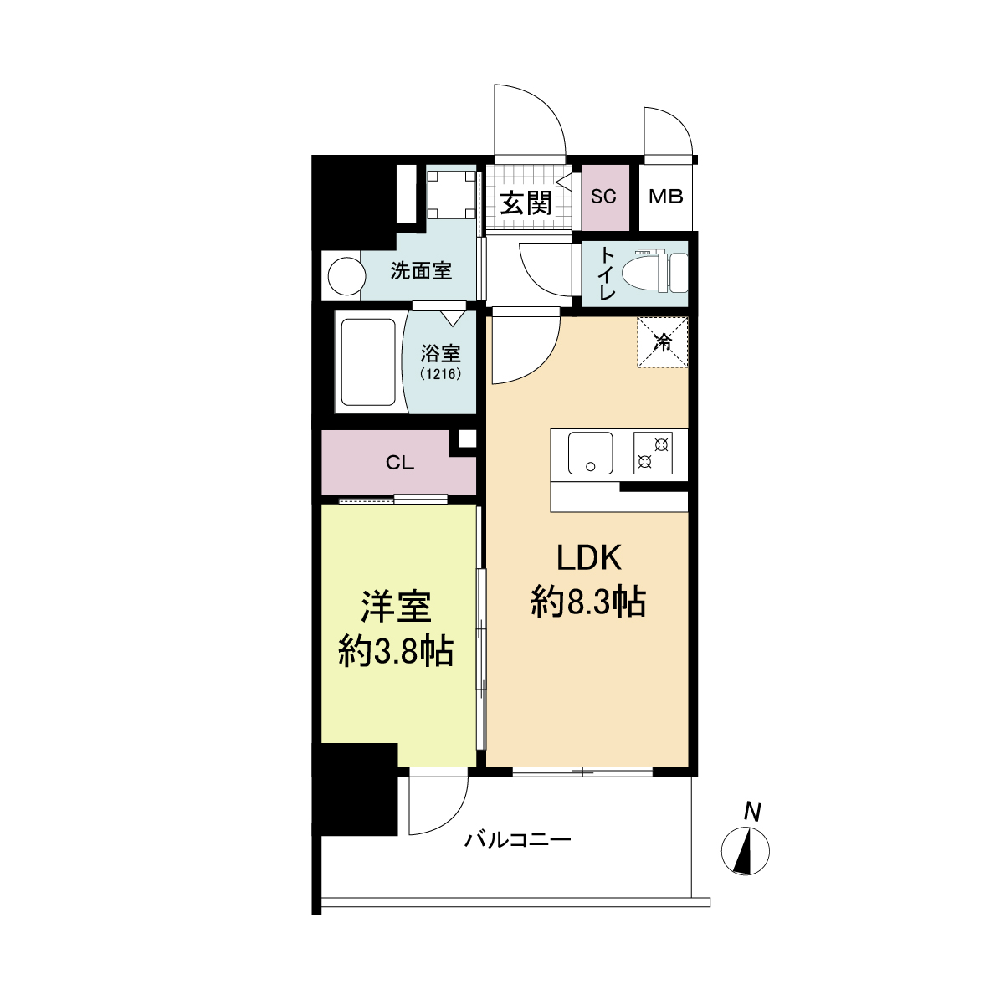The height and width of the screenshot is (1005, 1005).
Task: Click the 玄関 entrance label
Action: (x=526, y=203)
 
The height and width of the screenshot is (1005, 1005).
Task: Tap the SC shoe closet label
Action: (x=603, y=197)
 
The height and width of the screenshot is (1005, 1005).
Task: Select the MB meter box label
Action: (x=666, y=197)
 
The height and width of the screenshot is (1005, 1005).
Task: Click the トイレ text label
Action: (x=607, y=274)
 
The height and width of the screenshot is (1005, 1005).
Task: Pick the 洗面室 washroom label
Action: (x=422, y=271)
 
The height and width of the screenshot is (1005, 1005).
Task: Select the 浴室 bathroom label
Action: (x=440, y=354)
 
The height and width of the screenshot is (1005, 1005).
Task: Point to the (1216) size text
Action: (x=440, y=374)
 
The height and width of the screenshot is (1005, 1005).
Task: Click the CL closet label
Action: (x=400, y=463)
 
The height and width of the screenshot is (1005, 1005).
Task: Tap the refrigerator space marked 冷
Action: (x=662, y=342)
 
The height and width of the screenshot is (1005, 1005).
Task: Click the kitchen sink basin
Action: (x=591, y=454)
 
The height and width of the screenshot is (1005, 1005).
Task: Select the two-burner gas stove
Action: (x=654, y=453)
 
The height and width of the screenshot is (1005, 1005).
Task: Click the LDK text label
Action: (x=589, y=558)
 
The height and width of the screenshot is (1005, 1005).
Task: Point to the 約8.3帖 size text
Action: (x=588, y=601)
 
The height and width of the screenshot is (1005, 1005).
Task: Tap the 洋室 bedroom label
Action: (x=396, y=607)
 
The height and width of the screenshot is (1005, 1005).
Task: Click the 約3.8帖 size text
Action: (x=396, y=650)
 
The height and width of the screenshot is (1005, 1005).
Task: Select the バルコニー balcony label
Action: (x=518, y=839)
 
